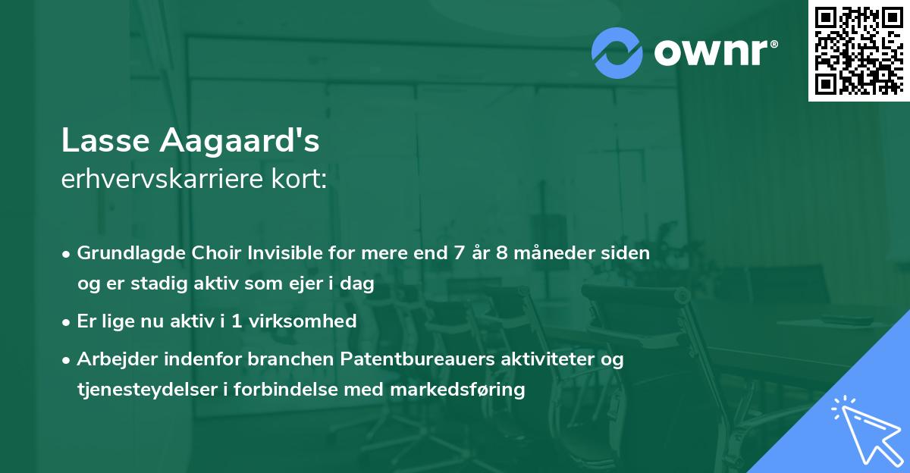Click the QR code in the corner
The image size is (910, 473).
858,51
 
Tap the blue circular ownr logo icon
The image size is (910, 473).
617,53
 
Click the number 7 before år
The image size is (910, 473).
459,253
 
